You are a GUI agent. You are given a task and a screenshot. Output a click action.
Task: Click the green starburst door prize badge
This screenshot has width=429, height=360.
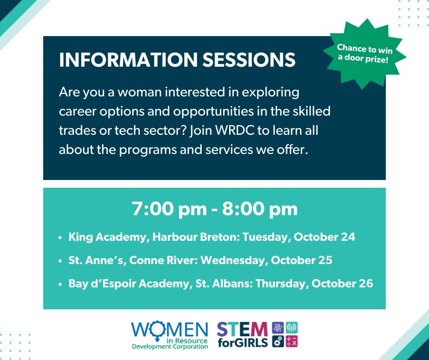pos(365,54)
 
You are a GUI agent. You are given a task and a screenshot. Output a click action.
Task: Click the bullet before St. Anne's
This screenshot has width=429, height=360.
pos(61,261)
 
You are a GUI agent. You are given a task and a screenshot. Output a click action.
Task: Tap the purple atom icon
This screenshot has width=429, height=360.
pos(278,328)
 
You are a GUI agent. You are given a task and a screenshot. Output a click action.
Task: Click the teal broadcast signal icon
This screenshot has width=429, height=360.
pos(292,328)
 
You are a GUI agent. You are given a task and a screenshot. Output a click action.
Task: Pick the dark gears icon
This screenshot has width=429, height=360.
pos(278,341)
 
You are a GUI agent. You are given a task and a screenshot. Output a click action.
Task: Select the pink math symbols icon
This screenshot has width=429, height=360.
pos(292,341)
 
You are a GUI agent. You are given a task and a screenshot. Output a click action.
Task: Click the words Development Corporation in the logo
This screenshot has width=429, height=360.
pos(170,347)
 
